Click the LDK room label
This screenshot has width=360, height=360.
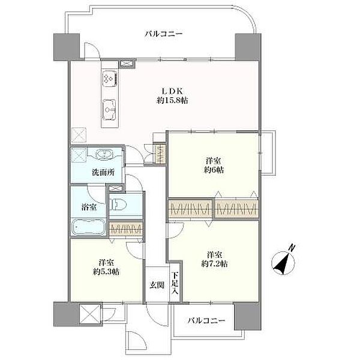point(172,91)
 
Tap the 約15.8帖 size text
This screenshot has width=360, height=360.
point(172,100)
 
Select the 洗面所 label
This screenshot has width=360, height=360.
point(103,172)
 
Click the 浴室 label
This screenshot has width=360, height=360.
point(89,207)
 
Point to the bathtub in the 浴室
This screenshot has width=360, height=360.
point(88,227)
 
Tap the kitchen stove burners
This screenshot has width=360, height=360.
point(110,78)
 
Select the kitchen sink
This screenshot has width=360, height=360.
point(109,110)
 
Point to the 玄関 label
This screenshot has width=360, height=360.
point(157,285)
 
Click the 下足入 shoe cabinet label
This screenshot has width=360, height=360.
point(175,283)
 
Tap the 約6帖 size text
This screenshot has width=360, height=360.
point(214,170)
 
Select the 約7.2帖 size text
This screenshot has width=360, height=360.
point(214,263)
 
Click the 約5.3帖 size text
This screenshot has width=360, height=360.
point(106,272)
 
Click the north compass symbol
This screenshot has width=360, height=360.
point(283,263)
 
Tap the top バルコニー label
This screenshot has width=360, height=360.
point(164,34)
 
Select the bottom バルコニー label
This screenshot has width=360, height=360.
point(206,320)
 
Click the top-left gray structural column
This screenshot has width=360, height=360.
point(67,47)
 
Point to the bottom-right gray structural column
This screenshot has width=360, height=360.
point(247,316)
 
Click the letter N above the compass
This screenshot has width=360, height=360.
point(292,248)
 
